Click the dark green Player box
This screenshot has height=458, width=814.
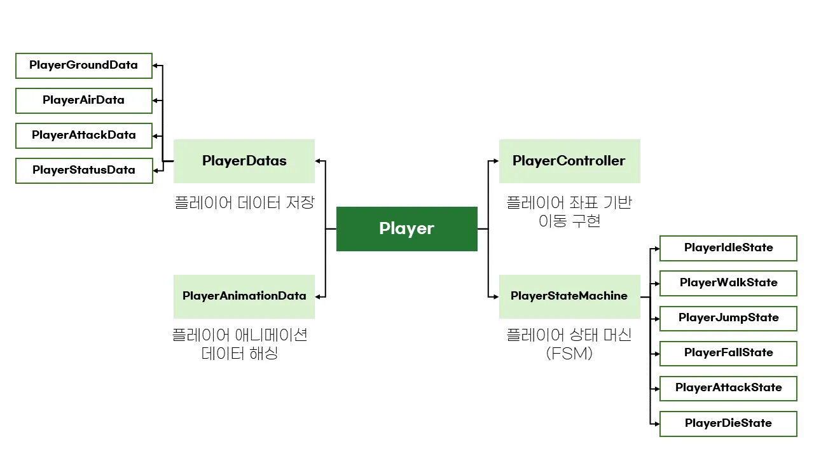tap(406, 228)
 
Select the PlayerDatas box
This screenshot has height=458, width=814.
tap(244, 161)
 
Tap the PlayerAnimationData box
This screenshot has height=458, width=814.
tap(244, 296)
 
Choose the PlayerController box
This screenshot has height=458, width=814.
tap(569, 161)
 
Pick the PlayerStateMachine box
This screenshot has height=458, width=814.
tap(569, 296)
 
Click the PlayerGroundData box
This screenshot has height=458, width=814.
tap(84, 66)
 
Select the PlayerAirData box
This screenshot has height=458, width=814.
tap(84, 101)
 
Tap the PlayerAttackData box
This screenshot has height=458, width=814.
tap(84, 135)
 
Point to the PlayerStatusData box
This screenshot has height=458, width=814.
tap(84, 170)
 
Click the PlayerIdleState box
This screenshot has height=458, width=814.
tap(728, 248)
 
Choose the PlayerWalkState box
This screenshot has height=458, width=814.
tap(728, 283)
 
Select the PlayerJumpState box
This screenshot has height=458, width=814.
tap(728, 318)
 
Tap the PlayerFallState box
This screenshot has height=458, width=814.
tap(728, 353)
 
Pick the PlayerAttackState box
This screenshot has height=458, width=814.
tap(728, 388)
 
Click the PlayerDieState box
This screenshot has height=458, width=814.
tap(728, 424)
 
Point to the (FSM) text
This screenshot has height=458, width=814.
tap(569, 354)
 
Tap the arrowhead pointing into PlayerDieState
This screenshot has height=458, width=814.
tap(656, 424)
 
